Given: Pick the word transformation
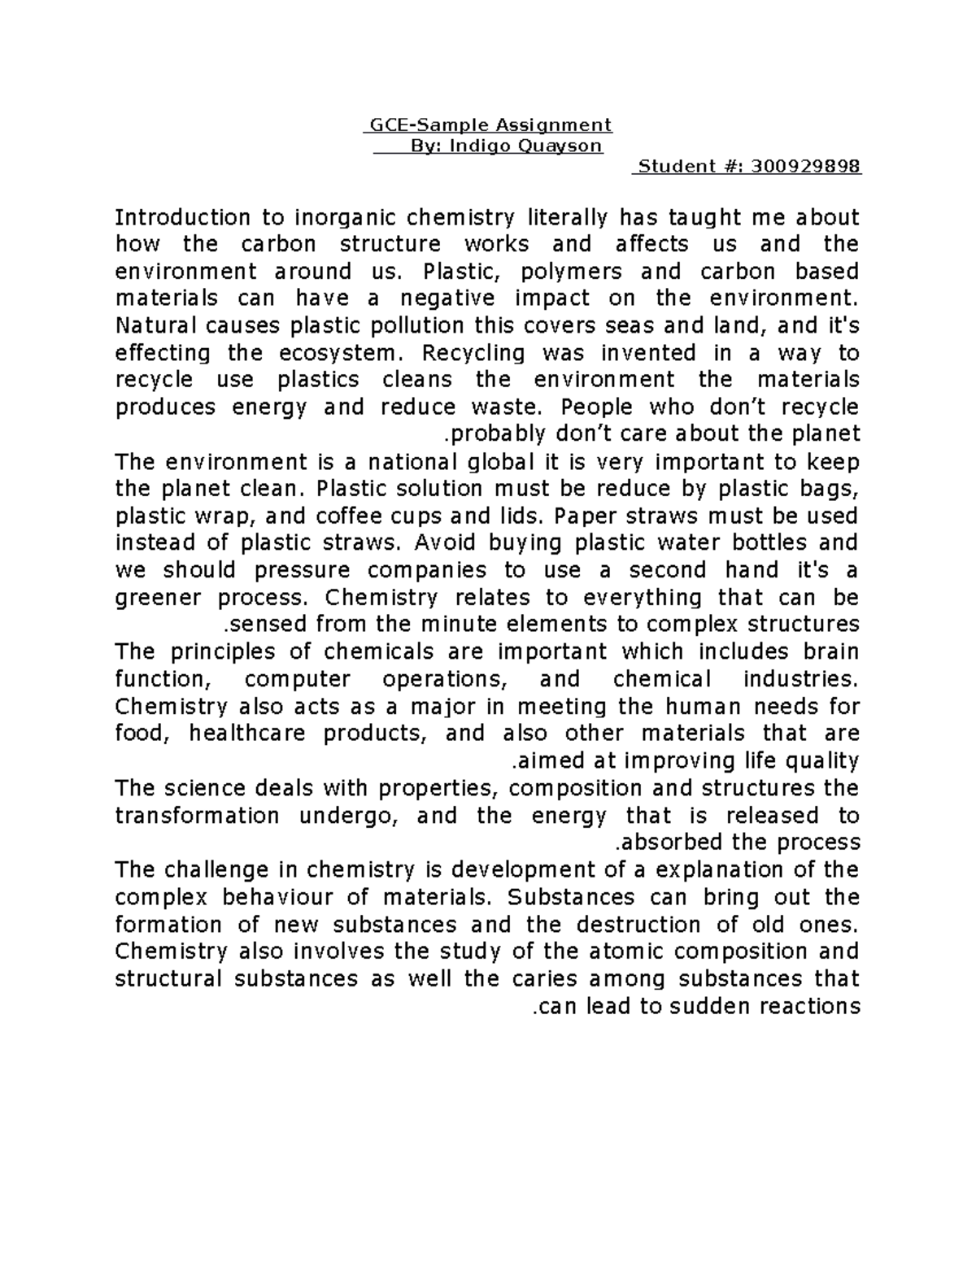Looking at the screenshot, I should pyautogui.click(x=197, y=816).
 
